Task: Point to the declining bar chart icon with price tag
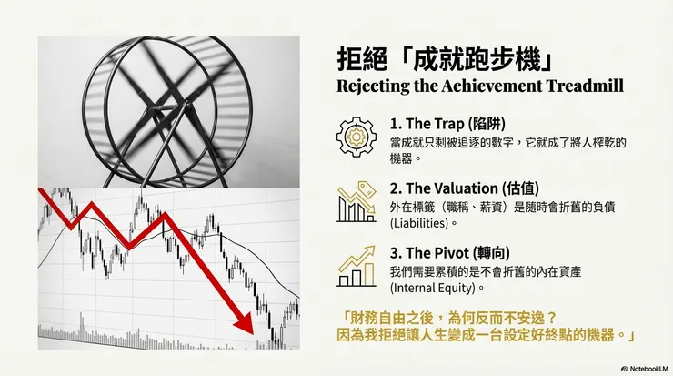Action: pyautogui.click(x=356, y=203)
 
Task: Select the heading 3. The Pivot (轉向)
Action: pyautogui.click(x=442, y=256)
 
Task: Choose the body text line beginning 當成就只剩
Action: pyautogui.click(x=503, y=142)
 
